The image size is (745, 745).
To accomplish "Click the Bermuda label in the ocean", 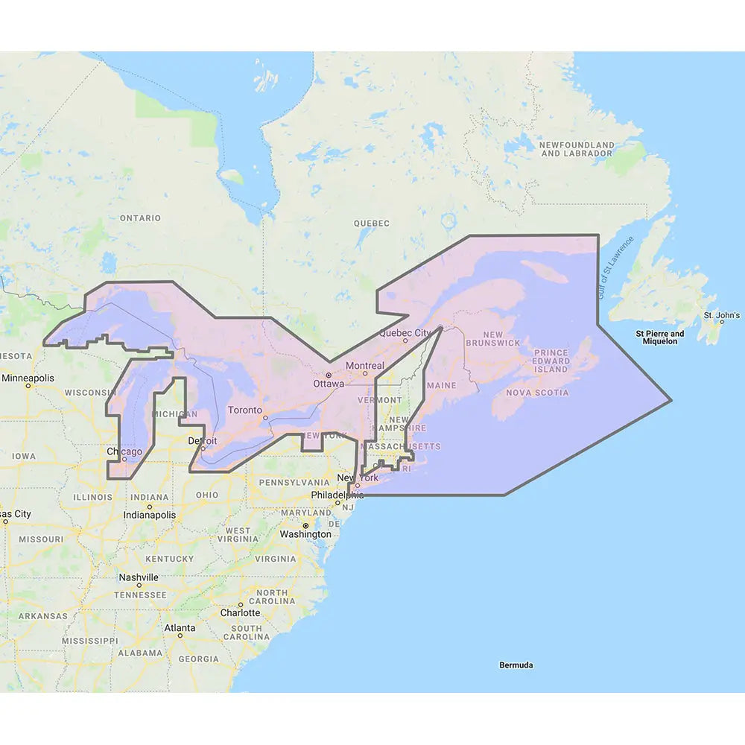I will coord(516,665).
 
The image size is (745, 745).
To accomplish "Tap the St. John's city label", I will coord(721,315).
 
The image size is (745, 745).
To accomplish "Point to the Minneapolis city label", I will coord(28,378).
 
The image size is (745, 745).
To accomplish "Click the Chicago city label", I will coord(124,451).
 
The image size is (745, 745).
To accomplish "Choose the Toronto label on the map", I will coord(245,410).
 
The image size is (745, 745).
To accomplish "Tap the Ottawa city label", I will coord(329,384).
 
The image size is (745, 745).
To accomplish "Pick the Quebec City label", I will coord(405,332).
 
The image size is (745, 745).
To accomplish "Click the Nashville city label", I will coord(139,577).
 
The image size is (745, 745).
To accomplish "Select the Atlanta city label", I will coord(180,628).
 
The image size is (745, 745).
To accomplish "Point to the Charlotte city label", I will coord(240,613).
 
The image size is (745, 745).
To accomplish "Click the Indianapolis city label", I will coord(150,515).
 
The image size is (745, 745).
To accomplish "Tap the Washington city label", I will coord(305,534).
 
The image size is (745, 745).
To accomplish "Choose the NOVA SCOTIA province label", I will coord(536,393).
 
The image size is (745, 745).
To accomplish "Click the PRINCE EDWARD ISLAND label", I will coord(551,361).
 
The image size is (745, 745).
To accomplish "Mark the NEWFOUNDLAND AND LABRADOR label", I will coord(577,149).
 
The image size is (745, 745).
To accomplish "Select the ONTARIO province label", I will coord(140,218).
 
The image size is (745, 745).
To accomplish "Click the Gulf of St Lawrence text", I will coord(615,268).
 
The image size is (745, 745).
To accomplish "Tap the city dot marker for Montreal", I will coord(365,374).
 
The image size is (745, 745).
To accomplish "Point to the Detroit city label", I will coord(203,441).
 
